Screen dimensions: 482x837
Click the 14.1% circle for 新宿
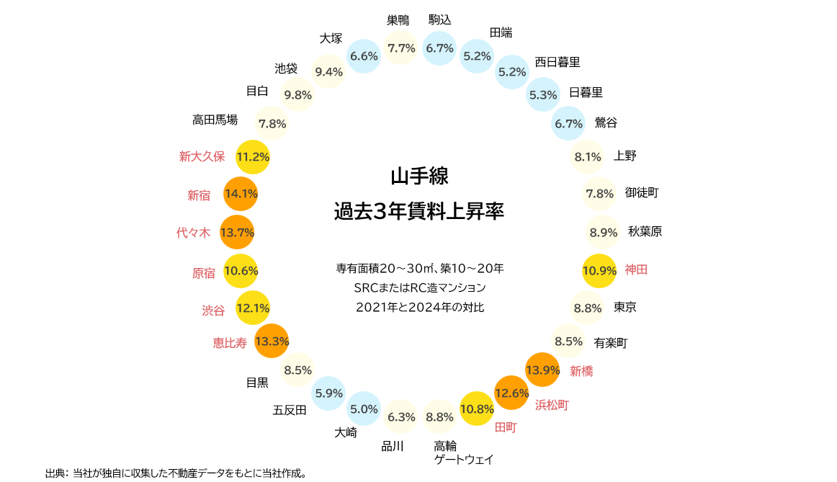coord(241,193)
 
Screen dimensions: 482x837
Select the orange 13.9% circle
coord(542,370)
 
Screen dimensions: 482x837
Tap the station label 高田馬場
coord(215,120)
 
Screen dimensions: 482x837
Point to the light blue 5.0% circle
coord(364,409)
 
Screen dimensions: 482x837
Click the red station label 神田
coord(636,269)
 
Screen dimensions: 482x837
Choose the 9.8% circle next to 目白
coord(297,94)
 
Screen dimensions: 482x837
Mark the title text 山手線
coord(419,176)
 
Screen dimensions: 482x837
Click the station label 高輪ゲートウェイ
coord(464,452)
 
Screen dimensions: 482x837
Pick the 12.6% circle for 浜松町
coord(511,393)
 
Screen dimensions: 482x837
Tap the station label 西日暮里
coord(557,62)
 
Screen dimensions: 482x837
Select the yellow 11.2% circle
coord(253,156)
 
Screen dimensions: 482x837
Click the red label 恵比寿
coord(230,343)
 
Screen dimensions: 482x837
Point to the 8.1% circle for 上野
coord(587,156)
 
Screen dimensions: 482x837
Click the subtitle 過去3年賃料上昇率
coord(419,212)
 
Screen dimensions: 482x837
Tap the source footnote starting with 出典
coord(176,473)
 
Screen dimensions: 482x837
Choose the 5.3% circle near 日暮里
coord(543,94)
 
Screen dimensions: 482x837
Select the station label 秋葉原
coord(645,231)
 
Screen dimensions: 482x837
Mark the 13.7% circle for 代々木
coord(237,232)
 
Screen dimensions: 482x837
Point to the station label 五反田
coord(290,411)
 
